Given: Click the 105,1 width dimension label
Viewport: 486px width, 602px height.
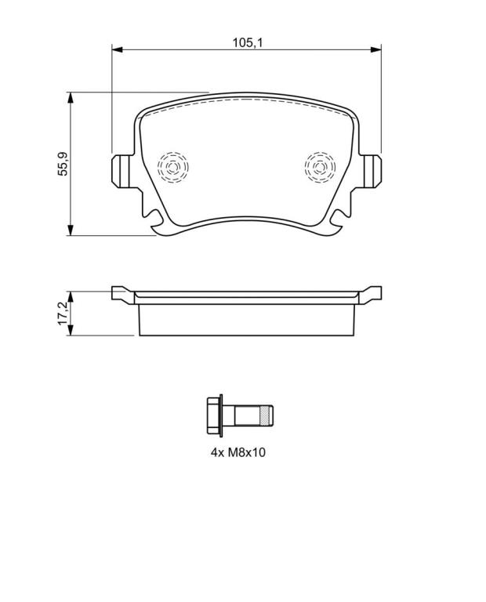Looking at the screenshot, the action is tap(247, 42).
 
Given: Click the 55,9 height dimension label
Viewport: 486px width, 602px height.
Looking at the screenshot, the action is tap(62, 165).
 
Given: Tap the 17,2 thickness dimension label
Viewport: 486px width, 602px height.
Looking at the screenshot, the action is tap(63, 314).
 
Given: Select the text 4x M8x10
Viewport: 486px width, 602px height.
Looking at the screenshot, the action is tap(238, 452).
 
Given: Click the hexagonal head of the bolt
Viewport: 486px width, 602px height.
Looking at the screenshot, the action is tap(214, 415).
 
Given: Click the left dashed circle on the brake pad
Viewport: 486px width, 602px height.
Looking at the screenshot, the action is tap(172, 167).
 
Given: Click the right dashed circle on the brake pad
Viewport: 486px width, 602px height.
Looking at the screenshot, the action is tap(320, 167).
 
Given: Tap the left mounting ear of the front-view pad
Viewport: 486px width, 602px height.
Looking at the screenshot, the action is tap(122, 171).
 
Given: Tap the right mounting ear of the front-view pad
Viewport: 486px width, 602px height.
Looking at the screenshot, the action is tap(371, 171).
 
